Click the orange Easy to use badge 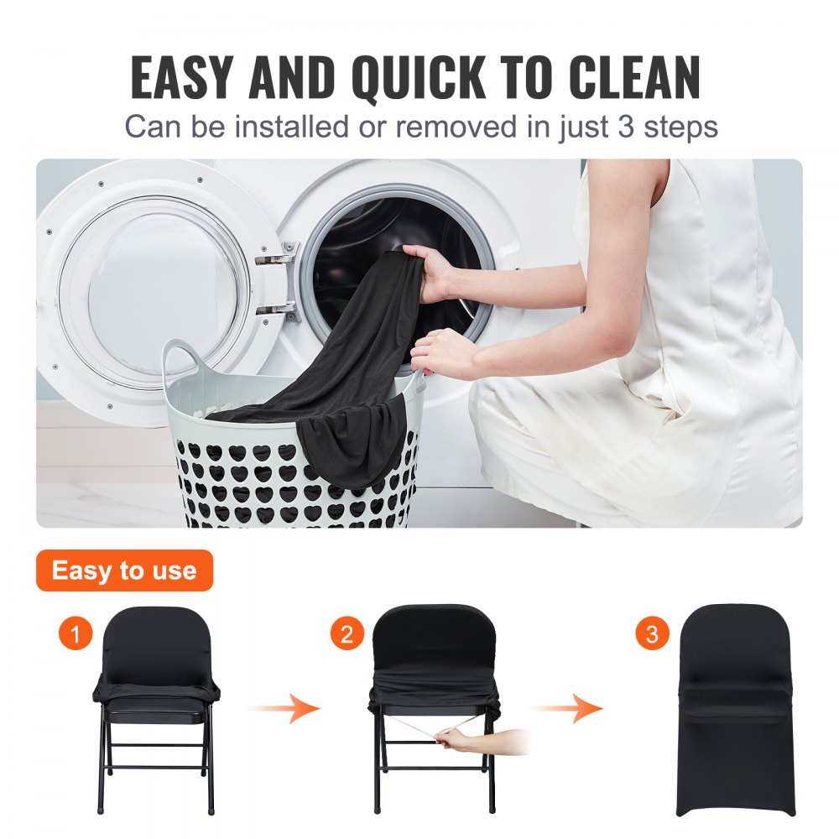pyautogui.click(x=124, y=571)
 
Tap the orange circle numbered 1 pyautogui.click(x=76, y=633)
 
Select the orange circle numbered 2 pyautogui.click(x=347, y=633)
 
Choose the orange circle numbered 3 pyautogui.click(x=652, y=633)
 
